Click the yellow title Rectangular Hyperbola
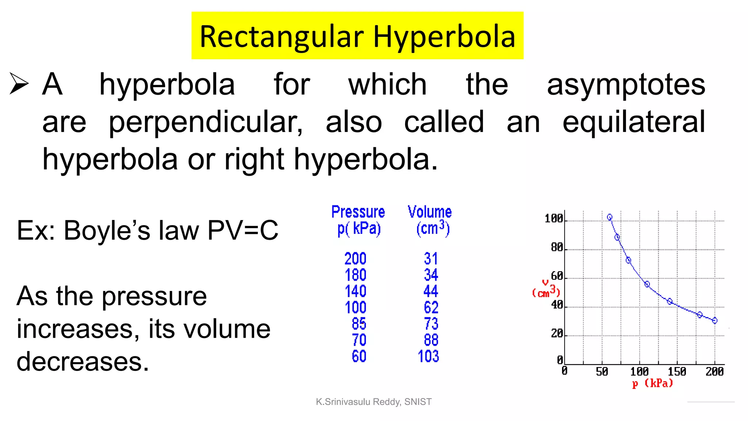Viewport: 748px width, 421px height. point(357,36)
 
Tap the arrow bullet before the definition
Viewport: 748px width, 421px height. point(19,83)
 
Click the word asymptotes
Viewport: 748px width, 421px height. point(626,85)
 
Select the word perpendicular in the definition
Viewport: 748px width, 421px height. point(206,122)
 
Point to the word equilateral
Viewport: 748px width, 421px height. point(634,122)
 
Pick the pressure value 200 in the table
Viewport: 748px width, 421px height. point(355,259)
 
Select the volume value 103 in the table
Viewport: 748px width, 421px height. point(428,356)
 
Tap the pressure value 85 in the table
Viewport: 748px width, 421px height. point(359,324)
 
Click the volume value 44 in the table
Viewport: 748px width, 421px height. point(431,291)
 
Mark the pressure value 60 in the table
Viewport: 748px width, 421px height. point(359,356)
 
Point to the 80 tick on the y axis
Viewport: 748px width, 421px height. point(557,247)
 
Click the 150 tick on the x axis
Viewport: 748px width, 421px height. point(677,372)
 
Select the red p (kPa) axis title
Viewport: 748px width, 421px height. point(652,383)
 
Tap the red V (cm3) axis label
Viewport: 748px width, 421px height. point(546,289)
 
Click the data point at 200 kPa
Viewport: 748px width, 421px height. point(715,321)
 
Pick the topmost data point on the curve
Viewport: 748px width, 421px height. point(610,217)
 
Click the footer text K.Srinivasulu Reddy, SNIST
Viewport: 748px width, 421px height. point(374,402)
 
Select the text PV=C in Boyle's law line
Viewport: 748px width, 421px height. point(243,231)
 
